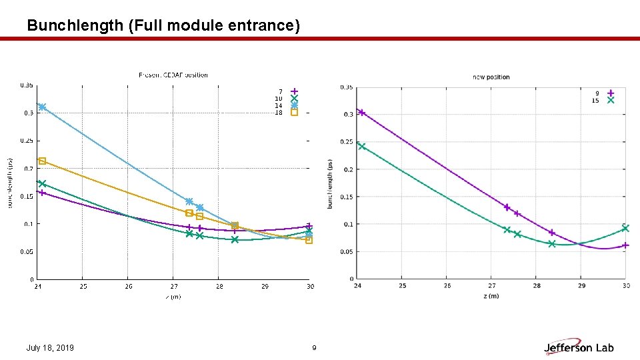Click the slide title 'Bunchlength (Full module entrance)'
[x=163, y=25]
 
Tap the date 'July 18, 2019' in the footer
[x=50, y=348]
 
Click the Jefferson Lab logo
[x=579, y=347]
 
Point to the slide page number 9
[x=314, y=348]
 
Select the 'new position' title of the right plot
[x=491, y=77]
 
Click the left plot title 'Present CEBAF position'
[x=173, y=75]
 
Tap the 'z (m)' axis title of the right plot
[x=491, y=295]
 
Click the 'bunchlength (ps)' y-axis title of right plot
[x=331, y=183]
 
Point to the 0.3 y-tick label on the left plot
[x=27, y=113]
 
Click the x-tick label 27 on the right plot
[x=491, y=286]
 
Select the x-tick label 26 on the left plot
[x=128, y=287]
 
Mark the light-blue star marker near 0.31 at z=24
[x=42, y=107]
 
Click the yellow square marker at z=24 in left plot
[x=42, y=161]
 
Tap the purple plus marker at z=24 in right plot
[x=361, y=113]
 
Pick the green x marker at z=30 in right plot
[x=625, y=228]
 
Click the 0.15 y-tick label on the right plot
[x=347, y=197]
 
